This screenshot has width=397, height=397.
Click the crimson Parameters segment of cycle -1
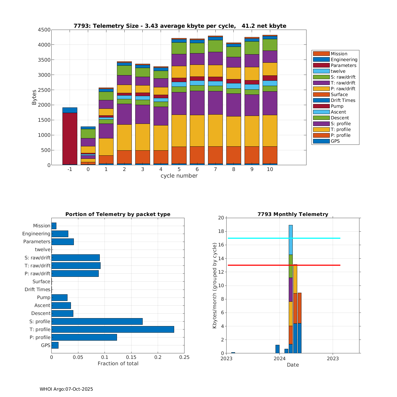pos(70,139)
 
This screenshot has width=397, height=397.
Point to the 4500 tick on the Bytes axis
pos(44,30)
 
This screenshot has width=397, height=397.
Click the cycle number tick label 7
pos(215,169)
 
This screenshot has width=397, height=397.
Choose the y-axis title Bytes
pos(34,97)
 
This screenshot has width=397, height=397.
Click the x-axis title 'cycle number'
pos(179,176)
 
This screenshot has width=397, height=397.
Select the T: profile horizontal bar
pos(113,329)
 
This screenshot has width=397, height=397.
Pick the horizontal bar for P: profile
pos(84,337)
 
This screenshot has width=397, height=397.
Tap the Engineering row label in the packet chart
pos(36,234)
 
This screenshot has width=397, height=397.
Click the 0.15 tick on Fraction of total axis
pos(131,357)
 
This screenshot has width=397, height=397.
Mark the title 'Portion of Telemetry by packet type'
pos(118,214)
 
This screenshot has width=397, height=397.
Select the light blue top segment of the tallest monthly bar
pos(291,240)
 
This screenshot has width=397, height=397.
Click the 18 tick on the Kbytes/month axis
pos(221,232)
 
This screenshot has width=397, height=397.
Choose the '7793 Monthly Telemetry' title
pos(293,214)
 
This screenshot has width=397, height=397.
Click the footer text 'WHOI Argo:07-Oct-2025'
pos(66,389)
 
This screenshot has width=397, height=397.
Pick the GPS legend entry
pos(335,141)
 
